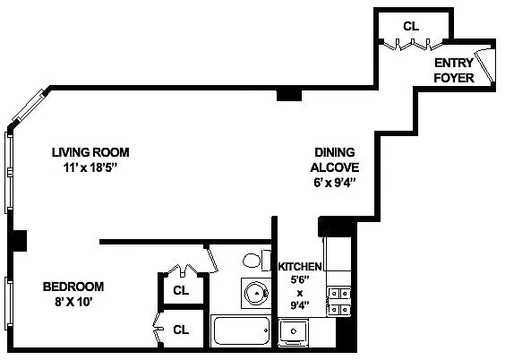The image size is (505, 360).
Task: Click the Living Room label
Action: pyautogui.click(x=90, y=152)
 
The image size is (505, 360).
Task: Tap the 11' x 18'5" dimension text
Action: pyautogui.click(x=90, y=167)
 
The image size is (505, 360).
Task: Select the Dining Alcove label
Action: pyautogui.click(x=335, y=159)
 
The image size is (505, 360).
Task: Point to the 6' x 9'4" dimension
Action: pyautogui.click(x=335, y=183)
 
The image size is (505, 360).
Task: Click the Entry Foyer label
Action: pyautogui.click(x=454, y=70)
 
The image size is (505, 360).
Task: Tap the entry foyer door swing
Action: pyautogui.click(x=485, y=65)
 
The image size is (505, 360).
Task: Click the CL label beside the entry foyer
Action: pyautogui.click(x=411, y=26)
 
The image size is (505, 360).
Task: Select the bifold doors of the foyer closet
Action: pyautogui.click(x=412, y=45)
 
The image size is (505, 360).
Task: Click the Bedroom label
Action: pyautogui.click(x=73, y=287)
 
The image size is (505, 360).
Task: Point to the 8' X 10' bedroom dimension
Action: pyautogui.click(x=73, y=302)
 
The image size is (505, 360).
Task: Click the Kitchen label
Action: pyautogui.click(x=300, y=267)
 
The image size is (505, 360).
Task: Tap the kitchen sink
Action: pyautogui.click(x=294, y=330)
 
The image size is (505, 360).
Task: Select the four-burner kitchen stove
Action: pyautogui.click(x=339, y=302)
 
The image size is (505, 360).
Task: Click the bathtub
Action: pyautogui.click(x=241, y=330)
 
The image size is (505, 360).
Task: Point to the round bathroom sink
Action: pyautogui.click(x=256, y=294)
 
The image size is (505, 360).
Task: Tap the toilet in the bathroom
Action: pyautogui.click(x=257, y=261)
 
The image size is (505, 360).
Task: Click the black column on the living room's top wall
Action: pyautogui.click(x=289, y=95)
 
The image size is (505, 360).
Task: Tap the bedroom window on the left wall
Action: pyautogui.click(x=9, y=304)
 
